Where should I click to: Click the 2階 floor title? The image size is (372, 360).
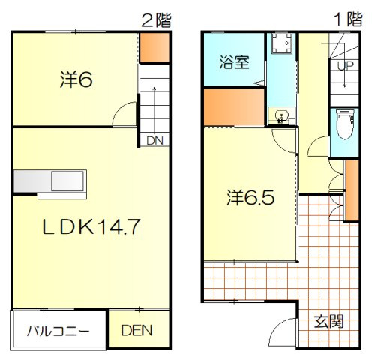(157, 20)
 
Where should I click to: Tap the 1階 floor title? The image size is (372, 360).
(349, 19)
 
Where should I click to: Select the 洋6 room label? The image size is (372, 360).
(76, 79)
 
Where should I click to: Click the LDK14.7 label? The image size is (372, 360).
(91, 226)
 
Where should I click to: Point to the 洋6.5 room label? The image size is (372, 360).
(250, 197)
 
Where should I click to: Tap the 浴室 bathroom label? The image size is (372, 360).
(234, 61)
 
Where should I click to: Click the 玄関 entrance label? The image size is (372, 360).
(328, 321)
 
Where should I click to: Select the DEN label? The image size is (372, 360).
(136, 330)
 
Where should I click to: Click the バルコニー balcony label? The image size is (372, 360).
(58, 331)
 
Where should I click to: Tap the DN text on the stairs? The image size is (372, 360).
(154, 141)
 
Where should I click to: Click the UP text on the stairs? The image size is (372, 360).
(346, 65)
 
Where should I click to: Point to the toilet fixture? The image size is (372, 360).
(345, 124)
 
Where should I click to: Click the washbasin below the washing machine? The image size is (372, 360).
(282, 116)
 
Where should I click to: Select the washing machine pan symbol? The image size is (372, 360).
(282, 43)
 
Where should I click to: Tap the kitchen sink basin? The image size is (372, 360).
(67, 181)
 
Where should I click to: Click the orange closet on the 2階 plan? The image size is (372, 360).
(154, 47)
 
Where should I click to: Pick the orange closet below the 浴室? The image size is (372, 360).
(234, 107)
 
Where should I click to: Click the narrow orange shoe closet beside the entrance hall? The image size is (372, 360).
(352, 190)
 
